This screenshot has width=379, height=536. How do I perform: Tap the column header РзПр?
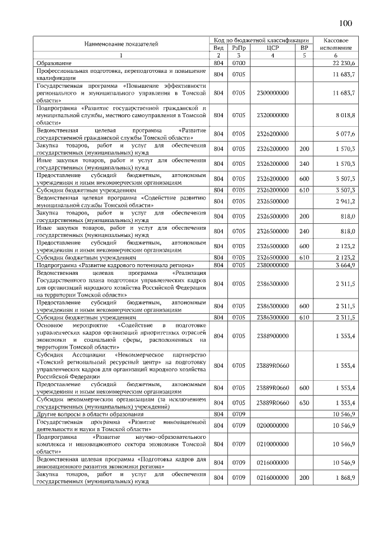[239, 47]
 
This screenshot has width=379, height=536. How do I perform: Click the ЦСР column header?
[272, 47]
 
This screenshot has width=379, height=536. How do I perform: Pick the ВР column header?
[304, 47]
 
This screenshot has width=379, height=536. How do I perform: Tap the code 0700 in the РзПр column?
[239, 63]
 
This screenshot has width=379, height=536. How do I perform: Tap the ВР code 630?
[304, 403]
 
